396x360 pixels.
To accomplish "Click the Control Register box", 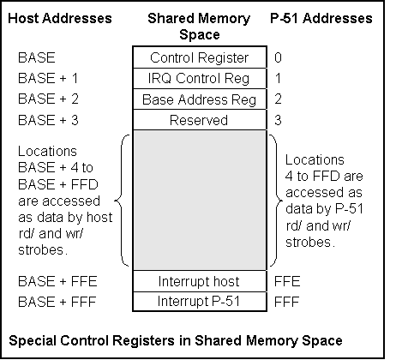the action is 200,57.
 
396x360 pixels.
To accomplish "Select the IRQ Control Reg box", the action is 200,78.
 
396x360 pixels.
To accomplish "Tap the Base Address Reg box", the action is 200,99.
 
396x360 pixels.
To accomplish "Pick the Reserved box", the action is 200,120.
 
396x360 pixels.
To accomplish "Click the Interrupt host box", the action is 200,281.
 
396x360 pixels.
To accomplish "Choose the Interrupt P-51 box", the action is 200,302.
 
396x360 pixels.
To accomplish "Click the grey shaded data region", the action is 200,201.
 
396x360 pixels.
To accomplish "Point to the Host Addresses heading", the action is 60,18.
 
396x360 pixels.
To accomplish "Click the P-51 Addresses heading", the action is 321,18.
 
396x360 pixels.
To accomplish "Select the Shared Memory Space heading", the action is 199,27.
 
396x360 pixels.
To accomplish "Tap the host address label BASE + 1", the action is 48,78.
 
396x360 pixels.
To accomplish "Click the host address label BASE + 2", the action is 48,99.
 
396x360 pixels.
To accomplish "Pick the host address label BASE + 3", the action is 48,120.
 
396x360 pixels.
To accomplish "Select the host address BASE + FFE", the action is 57,281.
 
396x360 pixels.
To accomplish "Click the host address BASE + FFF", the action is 57,302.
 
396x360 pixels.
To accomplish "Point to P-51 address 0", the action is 278,57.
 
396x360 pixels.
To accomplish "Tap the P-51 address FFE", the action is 287,281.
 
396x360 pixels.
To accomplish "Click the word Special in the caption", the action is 33,341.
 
